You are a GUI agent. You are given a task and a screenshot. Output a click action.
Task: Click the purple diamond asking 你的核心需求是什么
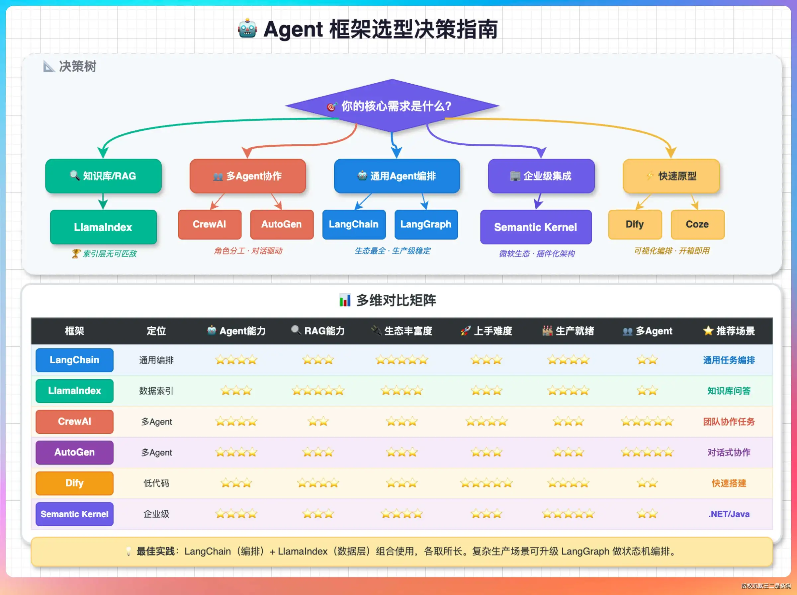point(392,106)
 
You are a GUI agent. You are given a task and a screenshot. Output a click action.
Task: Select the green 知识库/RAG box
point(103,176)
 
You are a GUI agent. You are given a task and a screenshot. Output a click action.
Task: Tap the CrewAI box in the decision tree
point(210,224)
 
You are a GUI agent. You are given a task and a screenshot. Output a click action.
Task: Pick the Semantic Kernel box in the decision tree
point(536,227)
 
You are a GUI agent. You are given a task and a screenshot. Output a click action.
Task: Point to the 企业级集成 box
point(541,176)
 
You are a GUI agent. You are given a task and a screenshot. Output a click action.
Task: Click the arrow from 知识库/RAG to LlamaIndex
point(103,201)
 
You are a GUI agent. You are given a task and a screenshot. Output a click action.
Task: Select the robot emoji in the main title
point(247,29)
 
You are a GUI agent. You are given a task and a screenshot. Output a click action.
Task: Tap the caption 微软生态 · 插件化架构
point(537,254)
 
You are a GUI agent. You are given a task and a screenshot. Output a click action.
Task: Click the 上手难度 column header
point(487,331)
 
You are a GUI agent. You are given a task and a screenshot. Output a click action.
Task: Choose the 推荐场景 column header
point(729,331)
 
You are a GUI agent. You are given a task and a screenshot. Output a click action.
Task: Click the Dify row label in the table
point(75,483)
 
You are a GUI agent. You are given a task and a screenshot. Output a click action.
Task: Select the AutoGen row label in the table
point(75,452)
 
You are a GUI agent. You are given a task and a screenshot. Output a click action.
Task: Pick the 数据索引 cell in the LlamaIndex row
point(156,391)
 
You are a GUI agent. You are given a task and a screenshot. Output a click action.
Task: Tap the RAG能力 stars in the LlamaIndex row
point(318,391)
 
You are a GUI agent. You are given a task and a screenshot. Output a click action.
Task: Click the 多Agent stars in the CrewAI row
point(647,421)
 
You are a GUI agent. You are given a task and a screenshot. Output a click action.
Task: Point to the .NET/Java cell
point(729,514)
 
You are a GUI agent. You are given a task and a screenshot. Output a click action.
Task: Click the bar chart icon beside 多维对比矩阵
point(345,300)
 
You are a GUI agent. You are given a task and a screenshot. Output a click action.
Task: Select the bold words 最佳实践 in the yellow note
point(155,552)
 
